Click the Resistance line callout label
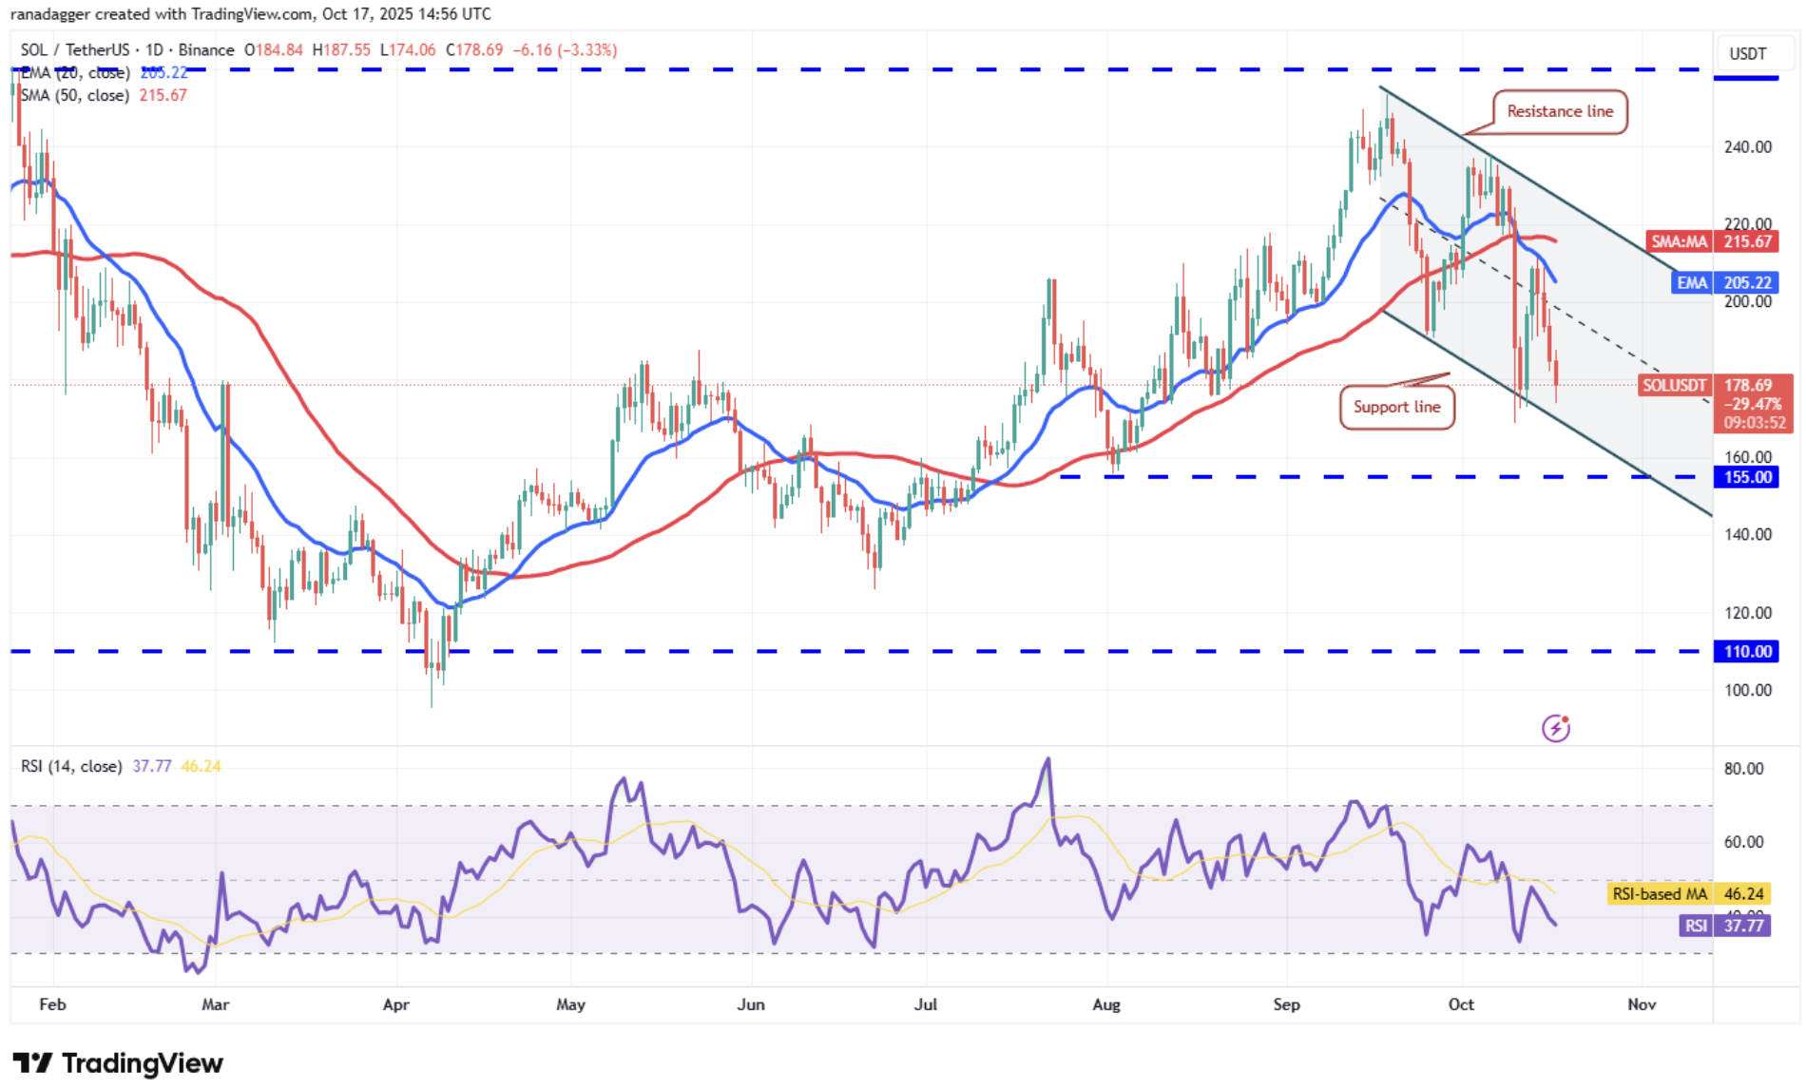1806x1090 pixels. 1560,112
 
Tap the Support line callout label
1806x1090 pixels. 1396,407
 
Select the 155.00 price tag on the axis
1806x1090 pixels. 1747,477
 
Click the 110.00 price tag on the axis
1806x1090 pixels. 1747,652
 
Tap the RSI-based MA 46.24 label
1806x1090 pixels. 1688,894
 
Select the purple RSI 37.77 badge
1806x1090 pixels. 1724,926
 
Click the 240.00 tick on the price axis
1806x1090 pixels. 1747,147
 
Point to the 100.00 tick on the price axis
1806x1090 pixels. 1747,691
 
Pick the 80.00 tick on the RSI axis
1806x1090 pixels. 1743,769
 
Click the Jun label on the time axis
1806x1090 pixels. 751,1004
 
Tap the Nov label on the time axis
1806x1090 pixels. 1642,1004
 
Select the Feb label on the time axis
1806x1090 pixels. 52,1004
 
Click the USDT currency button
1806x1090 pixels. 1747,53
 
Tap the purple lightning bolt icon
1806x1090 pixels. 1556,728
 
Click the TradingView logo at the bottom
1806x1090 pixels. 118,1063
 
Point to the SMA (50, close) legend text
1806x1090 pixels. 74,95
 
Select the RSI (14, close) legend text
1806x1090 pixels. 71,766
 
